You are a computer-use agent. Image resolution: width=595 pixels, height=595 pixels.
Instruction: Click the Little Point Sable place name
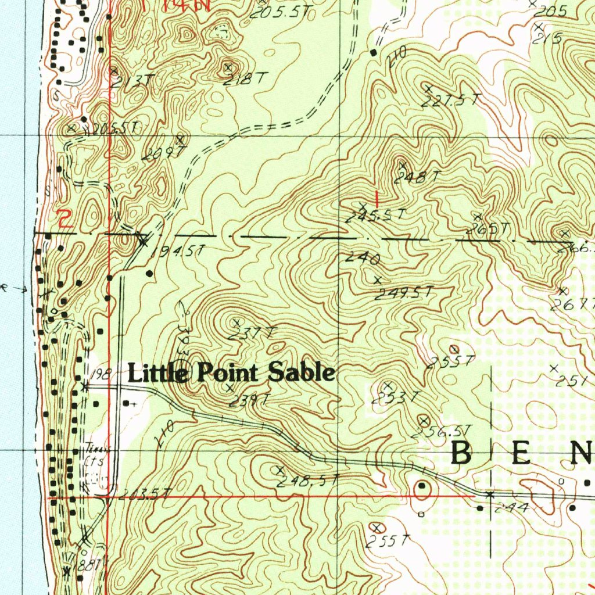231,372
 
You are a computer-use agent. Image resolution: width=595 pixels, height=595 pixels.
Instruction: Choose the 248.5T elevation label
307,481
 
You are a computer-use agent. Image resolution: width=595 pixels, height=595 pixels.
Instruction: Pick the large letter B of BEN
462,453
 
